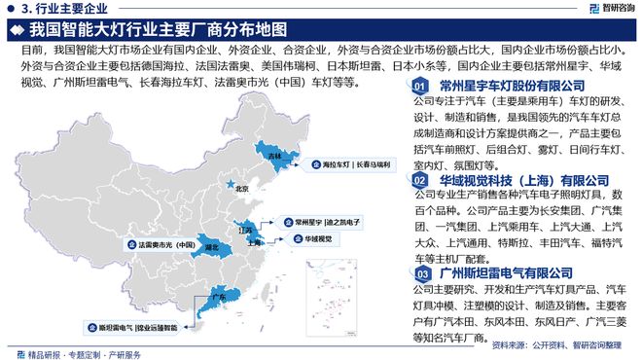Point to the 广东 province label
(218, 295)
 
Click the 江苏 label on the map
(247, 230)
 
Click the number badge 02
(417, 181)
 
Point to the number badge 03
(417, 275)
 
